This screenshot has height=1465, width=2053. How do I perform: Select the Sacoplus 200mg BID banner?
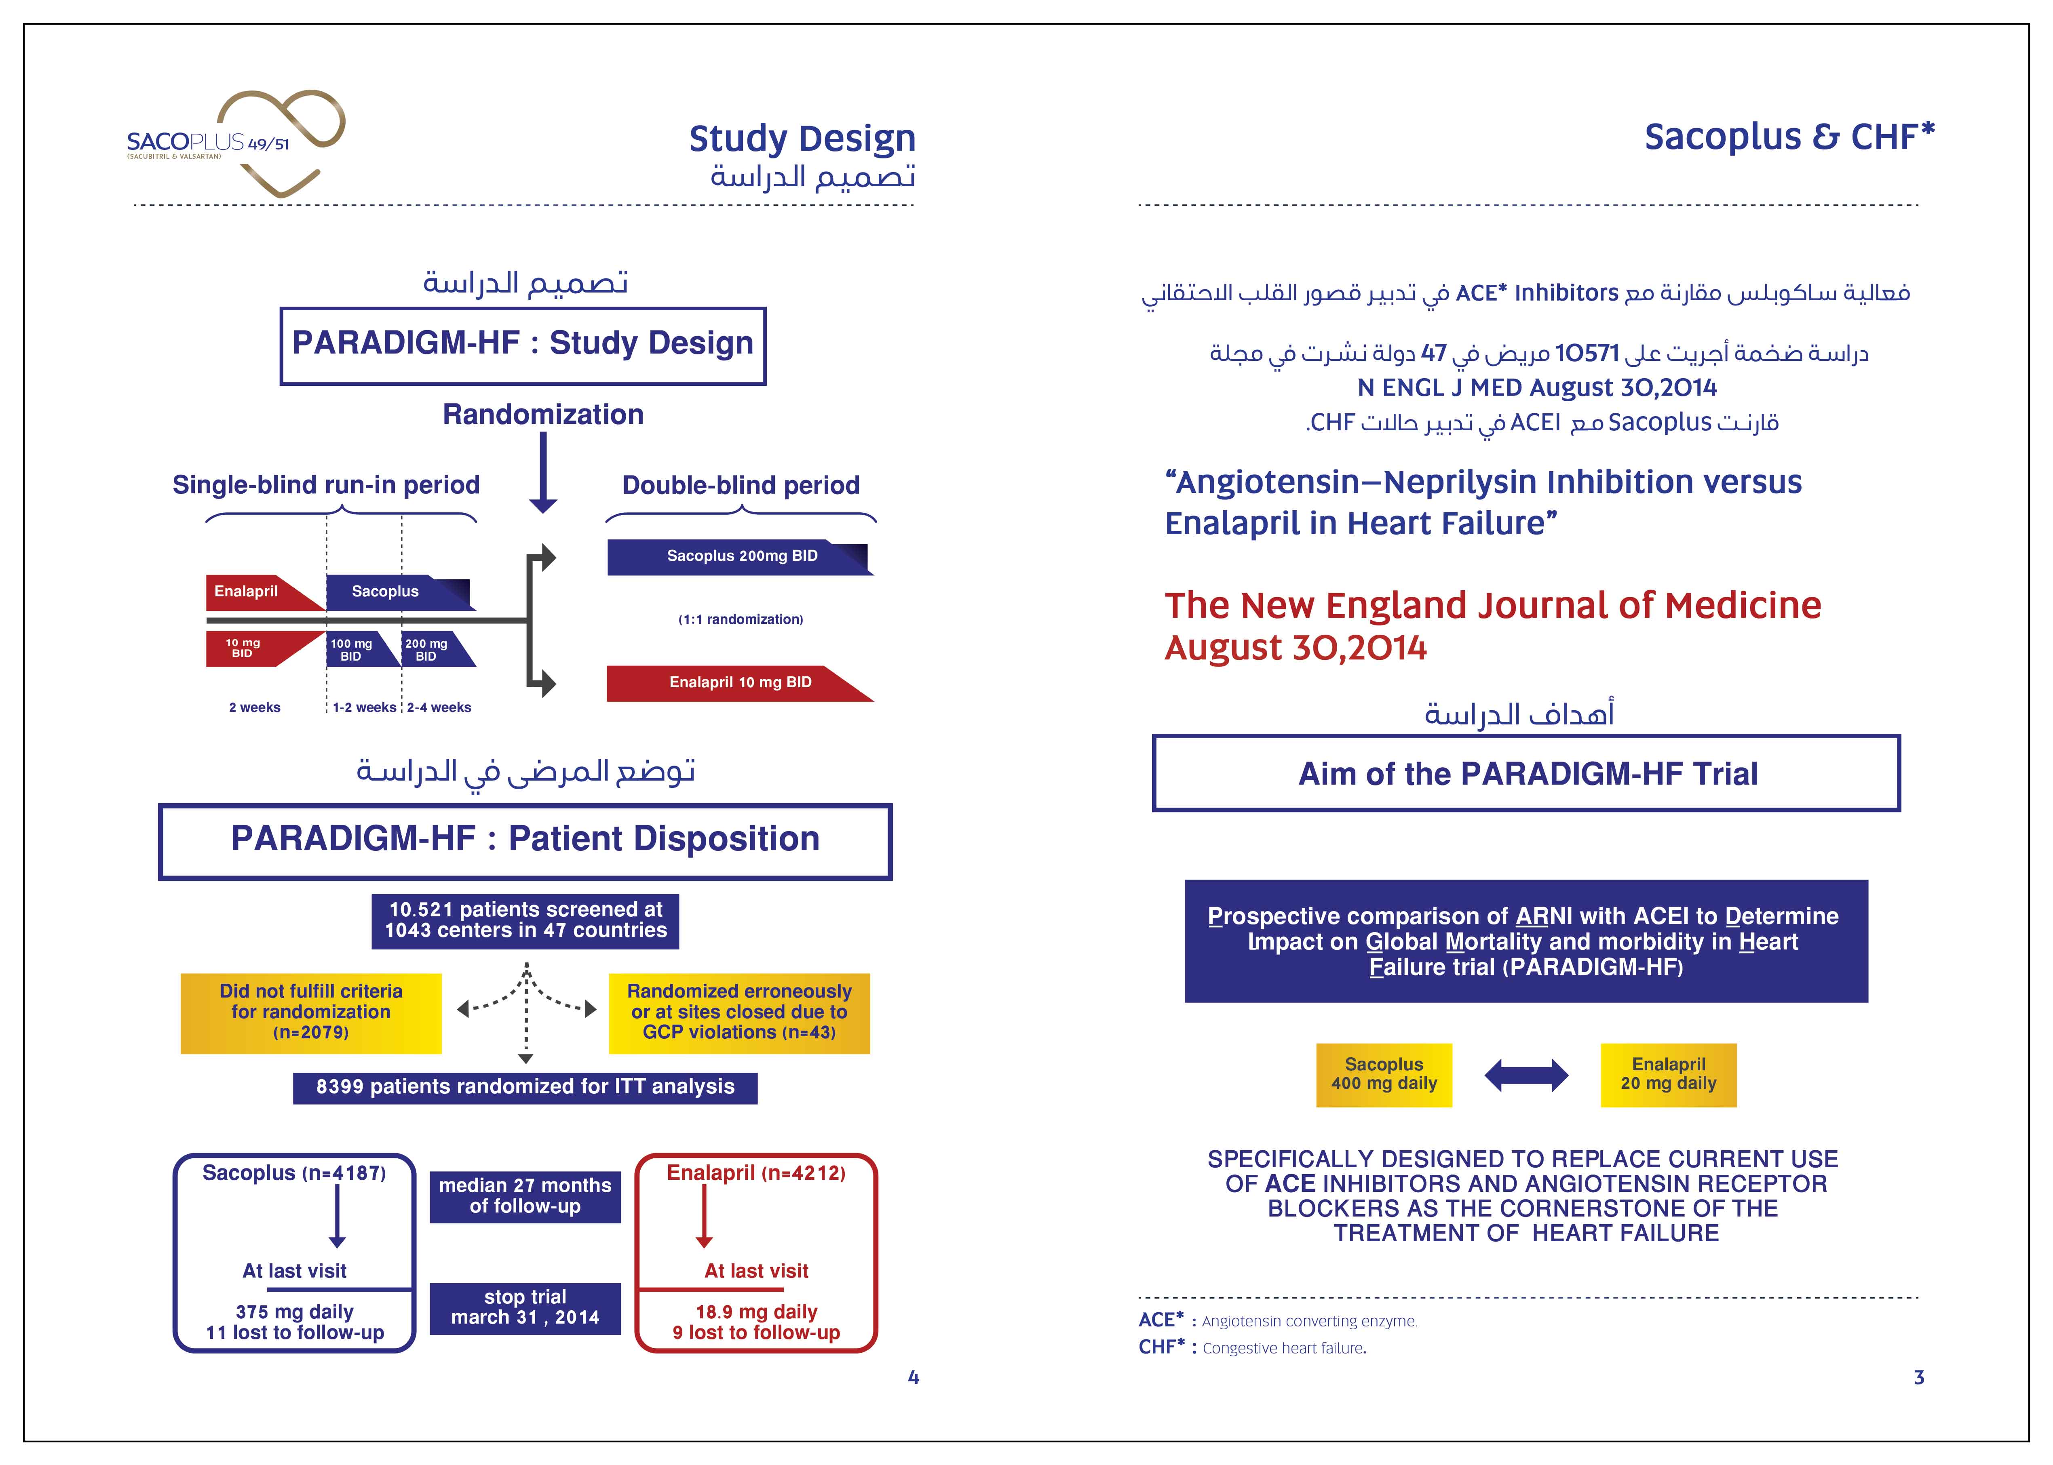click(x=740, y=557)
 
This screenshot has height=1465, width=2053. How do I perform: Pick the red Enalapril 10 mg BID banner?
click(x=740, y=683)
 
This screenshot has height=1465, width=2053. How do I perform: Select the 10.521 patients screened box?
click(x=525, y=920)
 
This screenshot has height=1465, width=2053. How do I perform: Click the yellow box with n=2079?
click(x=310, y=1012)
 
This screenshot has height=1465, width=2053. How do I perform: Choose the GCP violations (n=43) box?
click(x=739, y=1012)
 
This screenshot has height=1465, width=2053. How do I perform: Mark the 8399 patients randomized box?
click(x=525, y=1087)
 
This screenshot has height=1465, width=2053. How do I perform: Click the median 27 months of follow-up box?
click(x=525, y=1196)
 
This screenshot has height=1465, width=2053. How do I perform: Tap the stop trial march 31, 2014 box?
click(x=525, y=1307)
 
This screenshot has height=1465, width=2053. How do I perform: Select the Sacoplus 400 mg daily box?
click(x=1383, y=1074)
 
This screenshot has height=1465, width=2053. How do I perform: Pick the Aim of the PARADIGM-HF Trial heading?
click(x=1527, y=774)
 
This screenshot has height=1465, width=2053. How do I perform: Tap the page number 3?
click(x=1918, y=1377)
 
